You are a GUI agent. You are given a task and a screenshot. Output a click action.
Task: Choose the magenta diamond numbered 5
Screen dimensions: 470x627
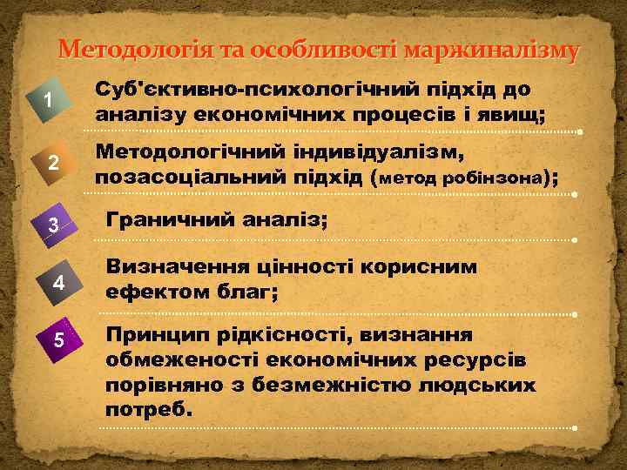point(57,339)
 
